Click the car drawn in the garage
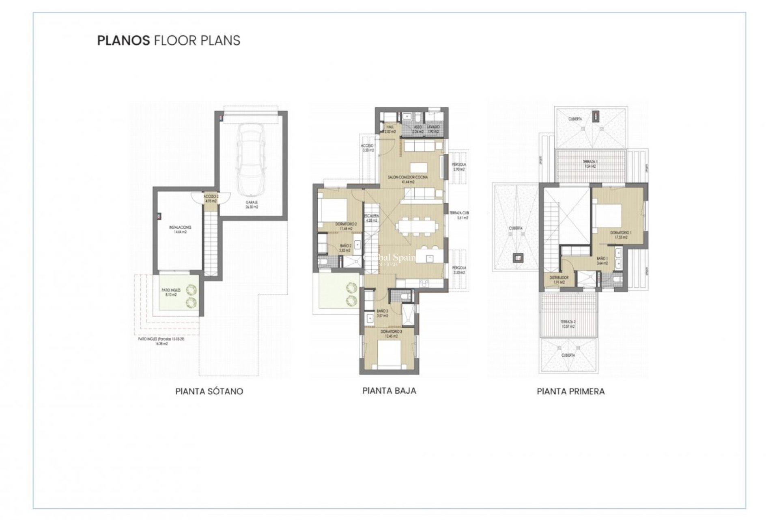[x=252, y=159]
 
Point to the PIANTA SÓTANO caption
[x=209, y=391]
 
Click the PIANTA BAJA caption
[x=389, y=390]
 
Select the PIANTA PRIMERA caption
[x=570, y=391]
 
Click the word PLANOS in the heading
[x=123, y=40]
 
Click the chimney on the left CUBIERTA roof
[x=517, y=257]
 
